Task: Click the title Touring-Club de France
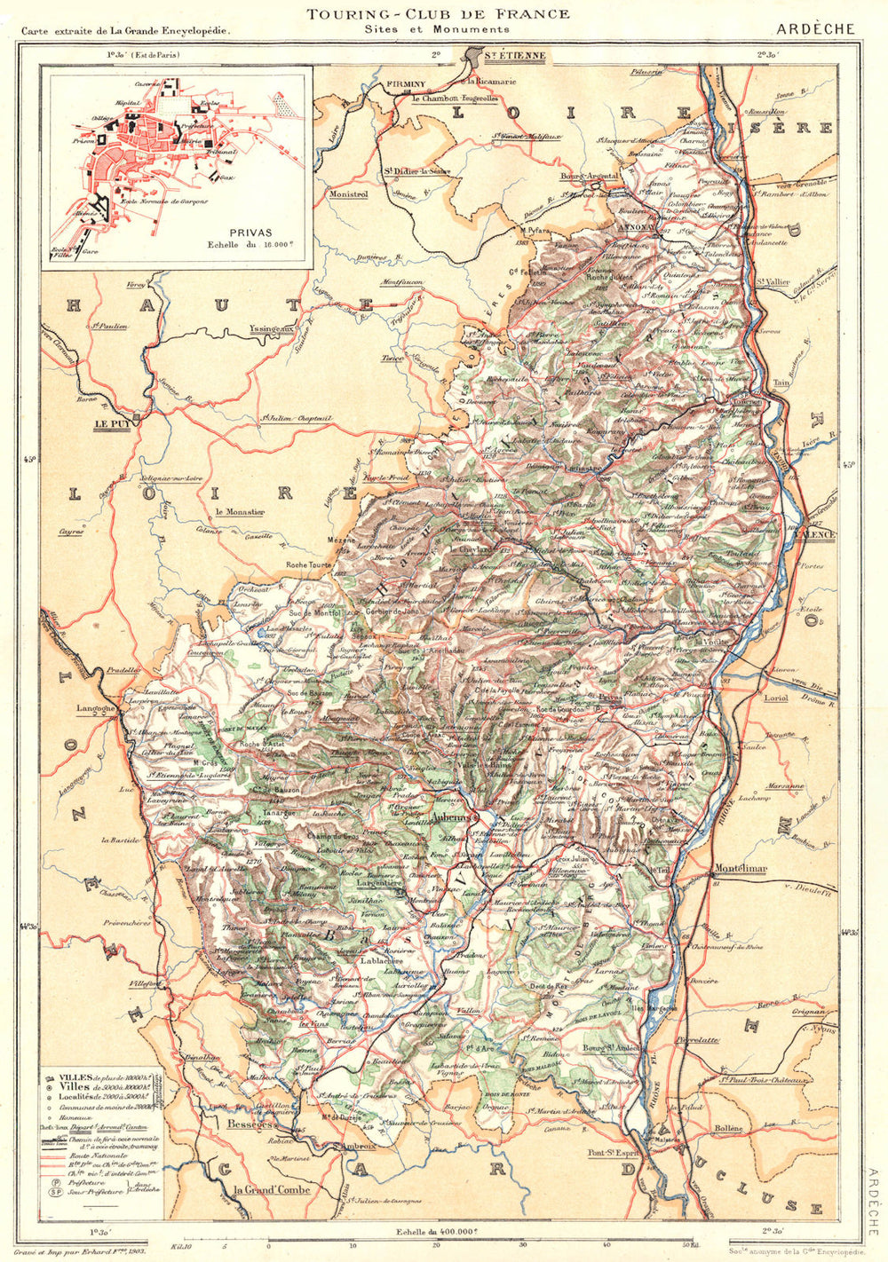coord(438,13)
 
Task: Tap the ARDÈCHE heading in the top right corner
coord(814,28)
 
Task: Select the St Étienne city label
coord(514,56)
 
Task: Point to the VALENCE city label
coord(815,534)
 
